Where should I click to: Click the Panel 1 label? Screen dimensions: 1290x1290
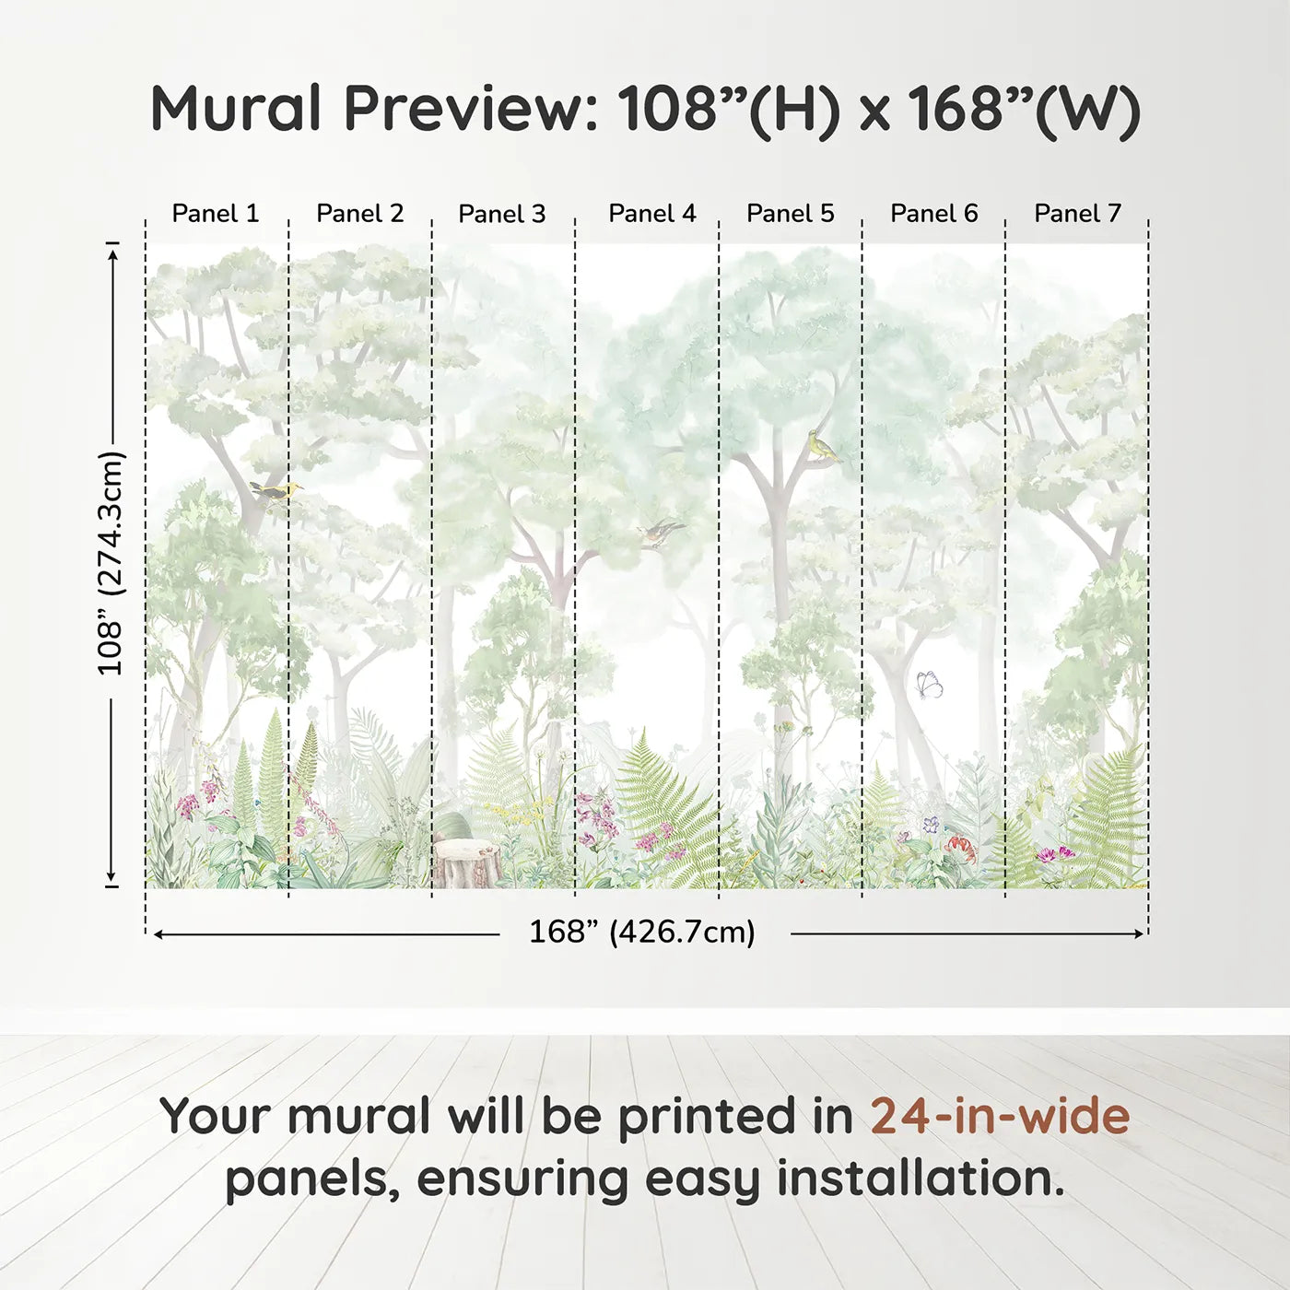point(216,214)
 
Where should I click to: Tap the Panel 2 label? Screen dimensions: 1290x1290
point(360,214)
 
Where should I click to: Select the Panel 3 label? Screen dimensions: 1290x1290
point(502,214)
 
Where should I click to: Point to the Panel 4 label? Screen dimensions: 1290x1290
point(652,214)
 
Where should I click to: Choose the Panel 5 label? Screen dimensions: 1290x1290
point(791,214)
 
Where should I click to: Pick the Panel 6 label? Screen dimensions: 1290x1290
point(934,214)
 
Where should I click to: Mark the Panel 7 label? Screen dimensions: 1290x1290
point(1078,214)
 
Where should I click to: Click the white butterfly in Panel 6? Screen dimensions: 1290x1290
point(929,685)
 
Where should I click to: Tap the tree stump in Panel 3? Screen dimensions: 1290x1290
point(467,863)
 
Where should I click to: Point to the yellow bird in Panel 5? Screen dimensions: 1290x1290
point(822,447)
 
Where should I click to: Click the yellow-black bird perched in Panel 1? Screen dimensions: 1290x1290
point(276,492)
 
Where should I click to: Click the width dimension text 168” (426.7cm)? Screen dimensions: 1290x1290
point(642,932)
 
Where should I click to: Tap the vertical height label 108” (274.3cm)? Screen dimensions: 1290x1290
point(111,563)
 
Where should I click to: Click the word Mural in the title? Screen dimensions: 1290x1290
point(236,109)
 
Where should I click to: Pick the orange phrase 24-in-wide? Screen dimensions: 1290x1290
point(1000,1117)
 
